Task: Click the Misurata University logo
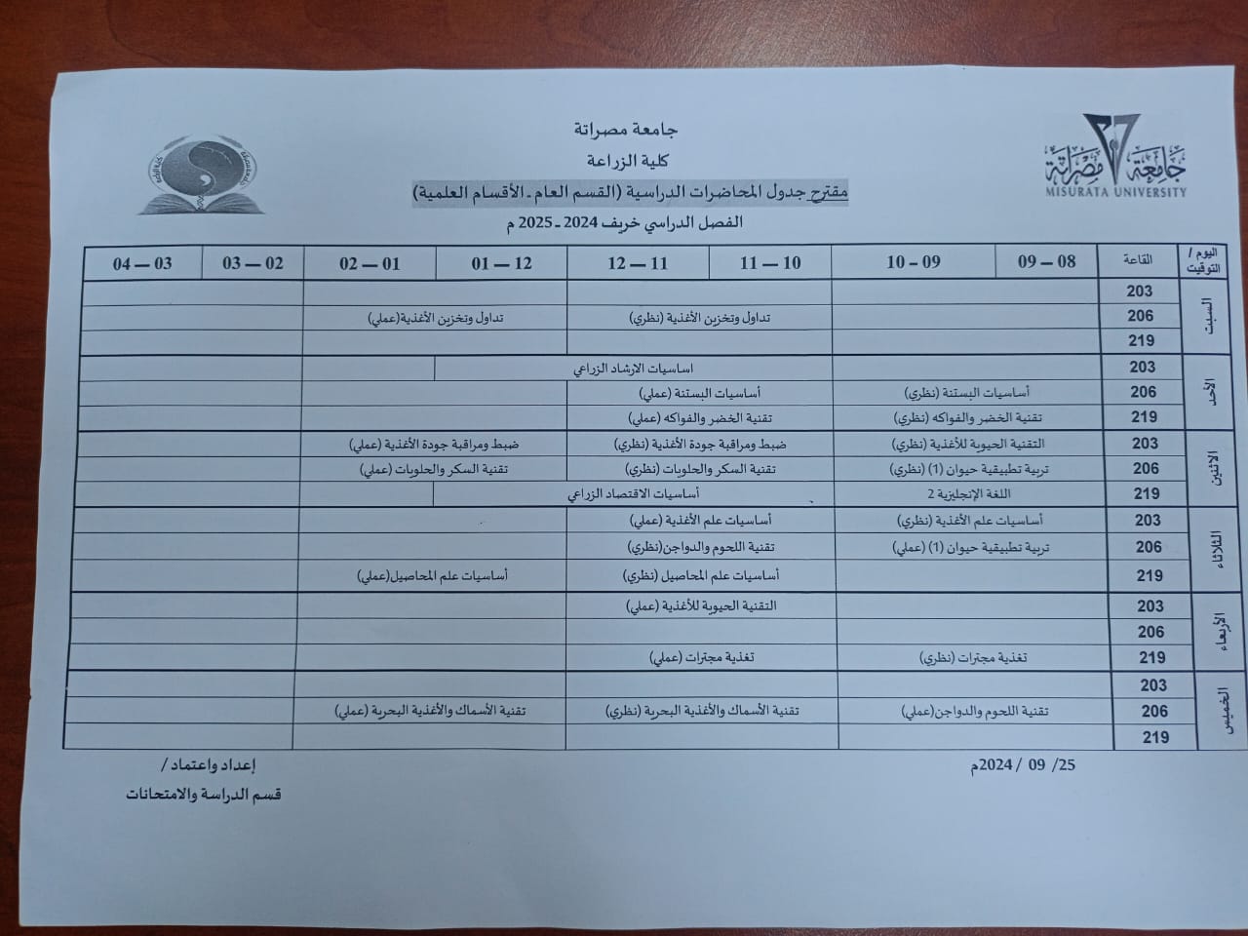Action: pos(1115,156)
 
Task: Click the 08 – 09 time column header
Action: pos(1046,261)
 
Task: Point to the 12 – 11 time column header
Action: pos(638,263)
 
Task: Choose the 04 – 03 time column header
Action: pos(142,263)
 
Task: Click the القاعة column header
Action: pos(1138,260)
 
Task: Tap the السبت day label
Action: pos(1212,316)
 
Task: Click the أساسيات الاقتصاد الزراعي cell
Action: pos(634,494)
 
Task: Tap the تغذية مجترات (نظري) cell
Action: pos(973,658)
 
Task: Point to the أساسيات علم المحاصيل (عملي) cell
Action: pos(432,575)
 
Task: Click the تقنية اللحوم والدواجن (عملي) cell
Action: pos(974,712)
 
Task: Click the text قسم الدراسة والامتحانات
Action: pos(203,794)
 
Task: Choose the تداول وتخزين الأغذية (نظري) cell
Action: pos(700,318)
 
